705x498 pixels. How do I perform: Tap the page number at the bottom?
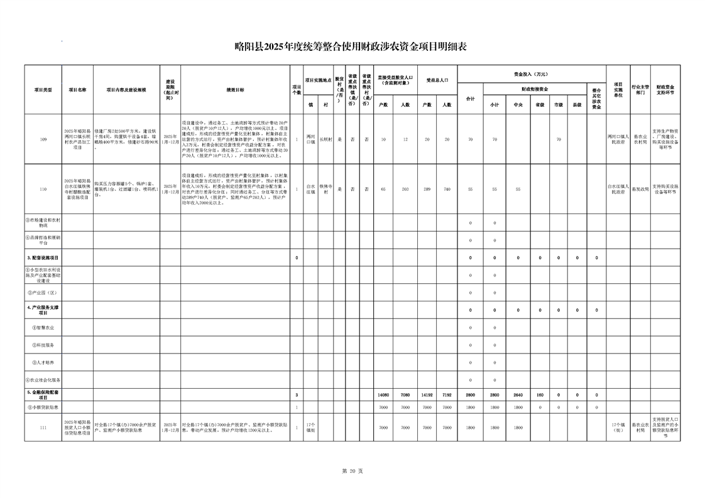[352, 470]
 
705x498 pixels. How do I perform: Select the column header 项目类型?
[43, 90]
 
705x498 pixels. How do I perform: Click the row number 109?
[43, 139]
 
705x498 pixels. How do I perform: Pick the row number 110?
[43, 188]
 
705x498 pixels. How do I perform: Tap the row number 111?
[43, 427]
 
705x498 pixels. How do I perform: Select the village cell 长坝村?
[325, 139]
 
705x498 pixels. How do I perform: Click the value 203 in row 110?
[405, 188]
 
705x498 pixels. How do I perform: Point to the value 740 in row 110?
[447, 188]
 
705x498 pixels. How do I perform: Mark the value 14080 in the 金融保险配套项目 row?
[383, 394]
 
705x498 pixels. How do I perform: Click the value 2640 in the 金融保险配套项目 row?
[518, 394]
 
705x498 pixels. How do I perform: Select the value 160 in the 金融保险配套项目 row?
[539, 394]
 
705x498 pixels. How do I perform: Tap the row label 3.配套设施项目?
[43, 257]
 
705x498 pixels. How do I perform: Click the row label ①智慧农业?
[43, 327]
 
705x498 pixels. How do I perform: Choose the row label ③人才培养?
[43, 362]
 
